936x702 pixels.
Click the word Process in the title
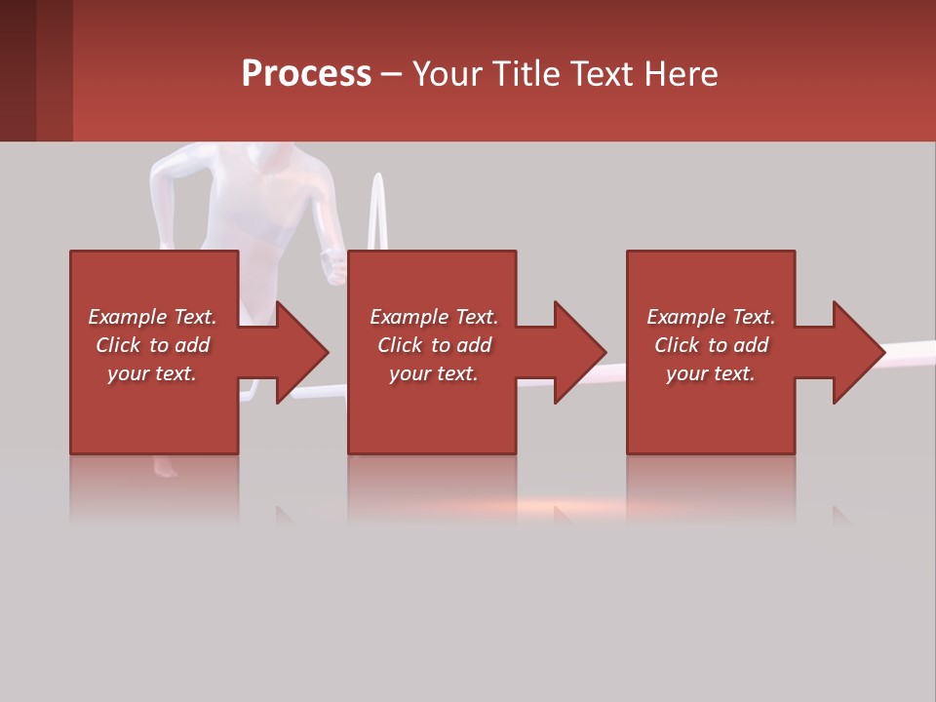click(306, 73)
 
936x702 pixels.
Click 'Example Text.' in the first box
click(152, 317)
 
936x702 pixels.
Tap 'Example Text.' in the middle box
click(434, 317)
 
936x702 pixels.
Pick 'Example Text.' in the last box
click(711, 317)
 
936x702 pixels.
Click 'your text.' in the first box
click(152, 373)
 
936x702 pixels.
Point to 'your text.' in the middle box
click(434, 373)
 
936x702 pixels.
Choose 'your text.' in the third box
click(711, 373)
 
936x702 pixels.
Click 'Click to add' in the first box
click(152, 345)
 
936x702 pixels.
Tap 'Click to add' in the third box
click(711, 345)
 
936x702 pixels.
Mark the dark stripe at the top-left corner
click(18, 70)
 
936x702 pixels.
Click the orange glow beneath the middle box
click(546, 506)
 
